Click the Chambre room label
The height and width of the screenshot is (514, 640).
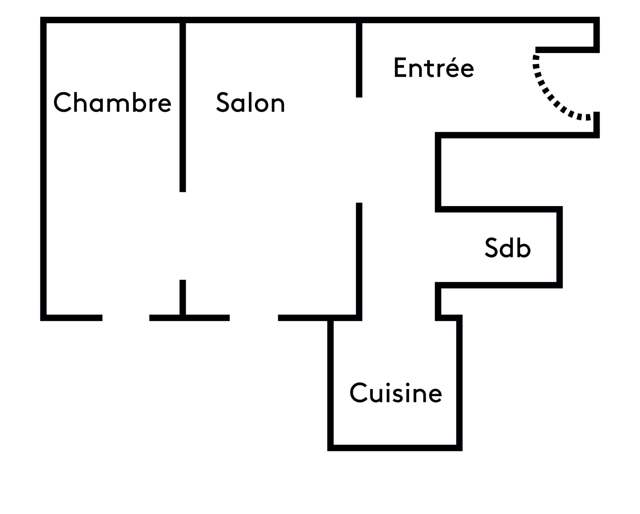pyautogui.click(x=112, y=102)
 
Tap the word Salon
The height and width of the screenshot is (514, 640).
pyautogui.click(x=250, y=102)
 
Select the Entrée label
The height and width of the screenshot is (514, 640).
pyautogui.click(x=433, y=67)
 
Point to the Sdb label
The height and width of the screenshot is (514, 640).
pyautogui.click(x=507, y=248)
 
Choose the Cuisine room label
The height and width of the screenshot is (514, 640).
pyautogui.click(x=396, y=393)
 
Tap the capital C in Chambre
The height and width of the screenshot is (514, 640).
pyautogui.click(x=62, y=102)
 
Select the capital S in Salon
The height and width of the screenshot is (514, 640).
pyautogui.click(x=223, y=102)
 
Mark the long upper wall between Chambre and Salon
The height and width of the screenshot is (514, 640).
pyautogui.click(x=183, y=106)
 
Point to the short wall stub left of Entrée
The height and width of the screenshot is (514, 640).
pyautogui.click(x=359, y=59)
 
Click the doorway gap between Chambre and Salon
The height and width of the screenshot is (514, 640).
pyautogui.click(x=183, y=236)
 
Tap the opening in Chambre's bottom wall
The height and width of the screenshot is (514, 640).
pyautogui.click(x=126, y=318)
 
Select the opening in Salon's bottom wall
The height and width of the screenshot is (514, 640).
pyautogui.click(x=254, y=318)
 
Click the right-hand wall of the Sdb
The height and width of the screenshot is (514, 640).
pyautogui.click(x=559, y=247)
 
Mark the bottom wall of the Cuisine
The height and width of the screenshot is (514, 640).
pyautogui.click(x=395, y=448)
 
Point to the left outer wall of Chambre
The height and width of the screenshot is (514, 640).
pyautogui.click(x=43, y=169)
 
